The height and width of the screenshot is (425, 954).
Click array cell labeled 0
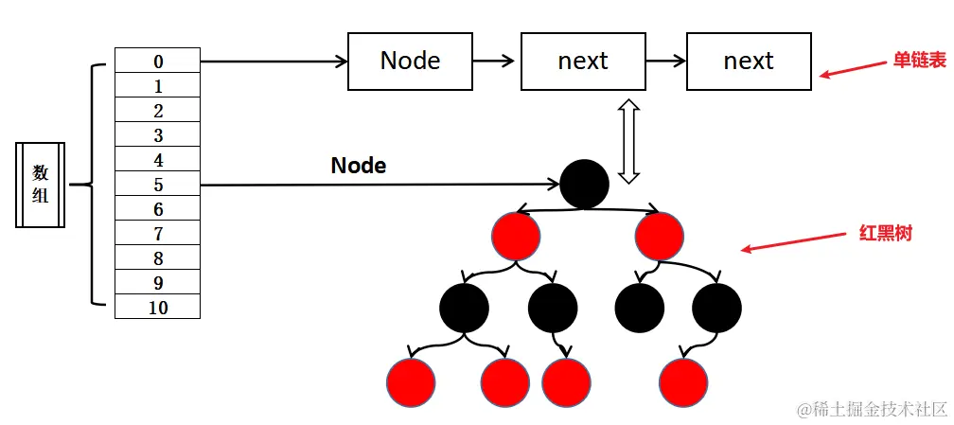(157, 61)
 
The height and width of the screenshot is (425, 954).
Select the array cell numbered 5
(157, 185)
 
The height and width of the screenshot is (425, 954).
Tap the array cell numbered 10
(157, 307)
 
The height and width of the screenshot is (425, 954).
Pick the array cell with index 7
(157, 234)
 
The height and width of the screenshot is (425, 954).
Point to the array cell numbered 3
(157, 135)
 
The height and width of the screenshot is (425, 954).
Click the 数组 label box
(41, 185)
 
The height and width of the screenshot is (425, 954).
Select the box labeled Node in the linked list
(410, 62)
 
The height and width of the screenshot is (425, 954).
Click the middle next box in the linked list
(582, 62)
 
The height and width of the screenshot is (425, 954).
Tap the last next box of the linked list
(749, 62)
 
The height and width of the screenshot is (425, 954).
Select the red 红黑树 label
(885, 233)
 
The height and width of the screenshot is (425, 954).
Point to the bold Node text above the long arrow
(358, 166)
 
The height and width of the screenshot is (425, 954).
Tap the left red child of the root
(516, 237)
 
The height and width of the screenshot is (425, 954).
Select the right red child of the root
(660, 237)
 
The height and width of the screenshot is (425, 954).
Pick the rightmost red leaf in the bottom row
(683, 382)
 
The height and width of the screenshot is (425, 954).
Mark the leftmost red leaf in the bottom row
(411, 382)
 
